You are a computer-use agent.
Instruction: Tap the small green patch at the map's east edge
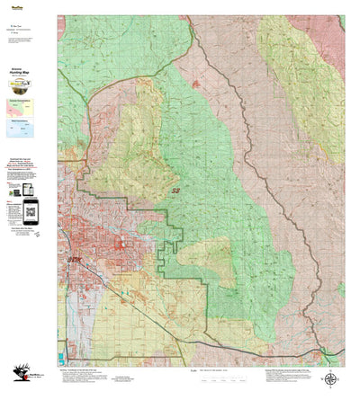341,289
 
